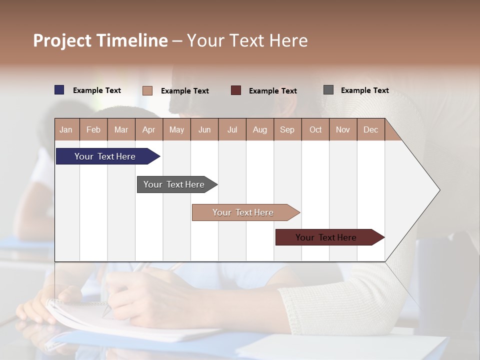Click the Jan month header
point(66,130)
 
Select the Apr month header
point(148,130)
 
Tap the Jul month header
point(232,130)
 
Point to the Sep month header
point(287,130)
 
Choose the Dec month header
point(370,130)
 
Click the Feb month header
point(93,130)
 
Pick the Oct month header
point(315,130)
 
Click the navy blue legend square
point(59,90)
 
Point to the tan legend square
point(147,90)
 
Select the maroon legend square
point(236,90)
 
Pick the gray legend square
point(328,90)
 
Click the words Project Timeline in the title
point(100,40)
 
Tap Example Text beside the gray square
point(364,90)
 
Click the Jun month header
point(204,130)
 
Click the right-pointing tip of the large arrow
point(439,190)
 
